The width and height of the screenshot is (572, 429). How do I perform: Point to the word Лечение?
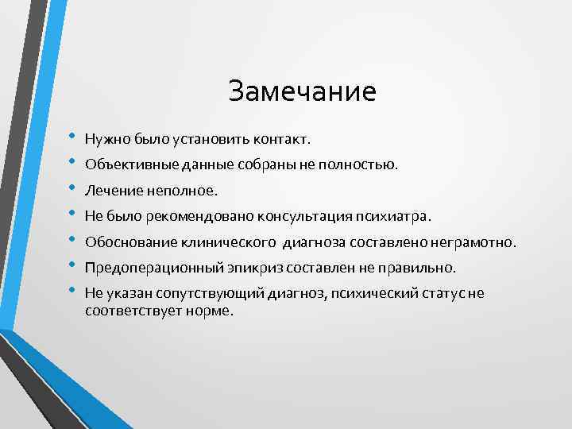coord(109,191)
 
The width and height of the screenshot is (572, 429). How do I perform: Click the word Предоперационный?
coord(142,268)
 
